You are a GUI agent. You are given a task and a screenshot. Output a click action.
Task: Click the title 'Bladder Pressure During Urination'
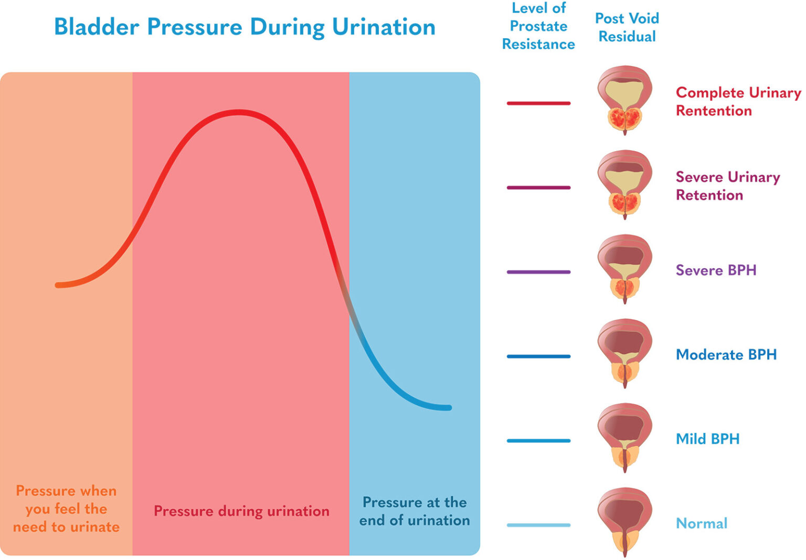(x=245, y=27)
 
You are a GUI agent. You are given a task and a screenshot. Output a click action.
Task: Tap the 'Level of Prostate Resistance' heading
(x=538, y=26)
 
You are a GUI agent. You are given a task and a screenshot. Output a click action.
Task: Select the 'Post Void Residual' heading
(x=627, y=27)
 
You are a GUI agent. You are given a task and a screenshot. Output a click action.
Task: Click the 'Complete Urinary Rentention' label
(x=738, y=101)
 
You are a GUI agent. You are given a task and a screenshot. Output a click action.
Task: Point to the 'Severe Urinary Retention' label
(x=727, y=186)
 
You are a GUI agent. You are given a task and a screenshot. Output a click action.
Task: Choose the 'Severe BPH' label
(x=716, y=270)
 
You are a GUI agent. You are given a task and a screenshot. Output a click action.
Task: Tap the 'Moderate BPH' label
(x=726, y=355)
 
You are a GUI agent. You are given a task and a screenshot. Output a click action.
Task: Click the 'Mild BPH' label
(x=707, y=439)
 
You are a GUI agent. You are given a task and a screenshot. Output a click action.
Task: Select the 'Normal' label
(x=701, y=523)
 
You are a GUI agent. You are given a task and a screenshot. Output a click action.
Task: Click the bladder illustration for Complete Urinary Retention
(x=624, y=100)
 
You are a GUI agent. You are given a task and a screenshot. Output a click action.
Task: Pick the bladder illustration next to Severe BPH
(x=624, y=269)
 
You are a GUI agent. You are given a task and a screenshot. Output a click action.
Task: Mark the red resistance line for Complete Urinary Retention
(x=538, y=103)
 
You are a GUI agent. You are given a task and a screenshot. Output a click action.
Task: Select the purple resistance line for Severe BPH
(x=538, y=272)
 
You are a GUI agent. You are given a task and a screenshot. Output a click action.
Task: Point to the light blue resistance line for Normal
(x=538, y=525)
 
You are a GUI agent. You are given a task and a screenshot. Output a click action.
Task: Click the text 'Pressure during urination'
(x=241, y=511)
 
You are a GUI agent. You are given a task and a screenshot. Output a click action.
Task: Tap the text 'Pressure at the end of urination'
(x=415, y=511)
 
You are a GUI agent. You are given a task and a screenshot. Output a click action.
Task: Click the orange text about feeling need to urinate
(x=66, y=509)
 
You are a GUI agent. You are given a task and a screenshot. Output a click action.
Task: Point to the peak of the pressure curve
(x=239, y=112)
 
